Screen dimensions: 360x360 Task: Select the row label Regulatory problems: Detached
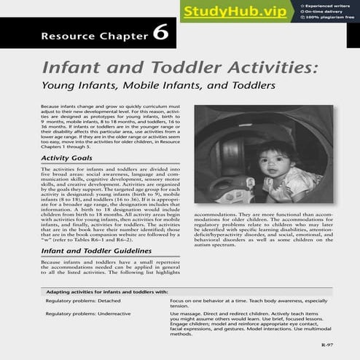80,300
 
